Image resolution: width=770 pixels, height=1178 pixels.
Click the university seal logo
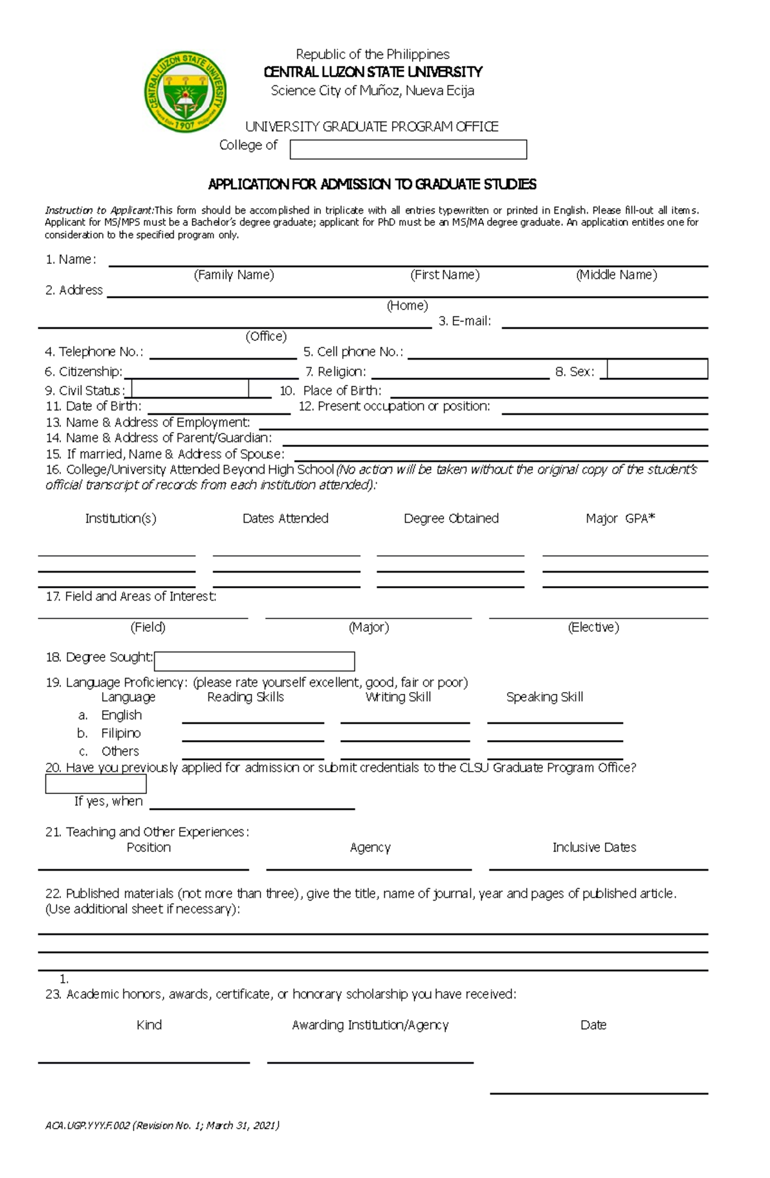click(x=185, y=91)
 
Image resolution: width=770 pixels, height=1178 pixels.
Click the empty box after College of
click(x=408, y=150)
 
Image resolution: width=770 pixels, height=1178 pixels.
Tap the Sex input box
click(x=657, y=369)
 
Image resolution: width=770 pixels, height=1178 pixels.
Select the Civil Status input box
click(x=190, y=388)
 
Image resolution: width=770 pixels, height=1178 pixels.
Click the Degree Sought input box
click(x=254, y=661)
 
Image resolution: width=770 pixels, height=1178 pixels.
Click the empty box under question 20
click(x=96, y=784)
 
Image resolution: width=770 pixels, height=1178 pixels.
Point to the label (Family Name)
click(x=234, y=275)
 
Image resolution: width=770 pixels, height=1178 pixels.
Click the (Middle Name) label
click(x=616, y=275)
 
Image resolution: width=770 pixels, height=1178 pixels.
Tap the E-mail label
click(x=465, y=321)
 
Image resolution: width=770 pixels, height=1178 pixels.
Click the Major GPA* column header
click(x=620, y=518)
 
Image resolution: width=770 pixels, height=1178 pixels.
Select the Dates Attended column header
click(x=285, y=518)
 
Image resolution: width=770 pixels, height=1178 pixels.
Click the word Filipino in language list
click(x=121, y=733)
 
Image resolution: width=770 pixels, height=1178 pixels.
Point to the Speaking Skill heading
click(x=544, y=697)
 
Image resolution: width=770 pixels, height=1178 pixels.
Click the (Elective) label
click(x=593, y=627)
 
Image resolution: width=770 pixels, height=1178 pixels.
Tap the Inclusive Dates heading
click(x=594, y=847)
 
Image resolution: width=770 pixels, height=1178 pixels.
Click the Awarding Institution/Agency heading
click(x=370, y=1025)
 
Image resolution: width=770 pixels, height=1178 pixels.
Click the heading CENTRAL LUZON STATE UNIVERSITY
click(x=373, y=72)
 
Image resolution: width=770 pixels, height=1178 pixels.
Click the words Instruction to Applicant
click(x=99, y=210)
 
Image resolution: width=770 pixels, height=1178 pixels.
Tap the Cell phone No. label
click(x=353, y=352)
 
